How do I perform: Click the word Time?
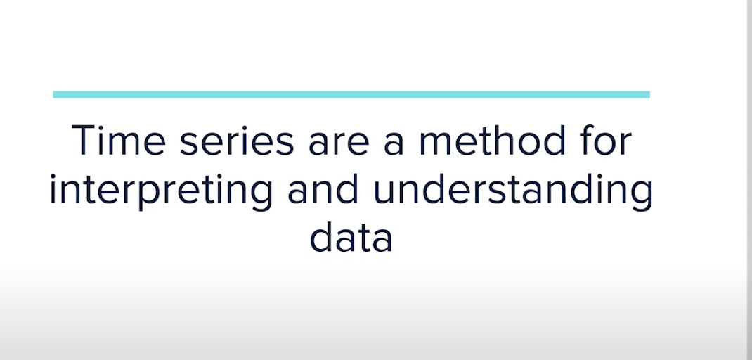119,140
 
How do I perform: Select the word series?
236,142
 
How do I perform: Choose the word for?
602,140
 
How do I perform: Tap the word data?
351,238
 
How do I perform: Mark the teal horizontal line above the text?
351,94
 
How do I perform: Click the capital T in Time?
84,140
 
